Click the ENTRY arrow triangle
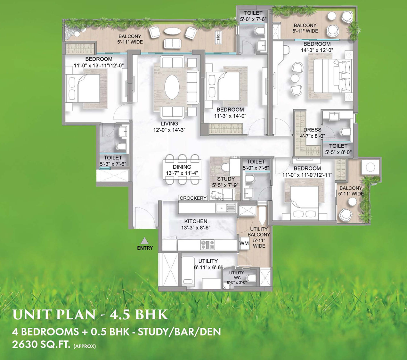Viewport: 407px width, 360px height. (x=144, y=240)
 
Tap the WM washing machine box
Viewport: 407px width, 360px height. (x=244, y=243)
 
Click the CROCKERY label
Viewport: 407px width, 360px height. (x=193, y=198)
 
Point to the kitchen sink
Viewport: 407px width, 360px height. (x=225, y=208)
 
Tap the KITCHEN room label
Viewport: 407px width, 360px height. (x=196, y=221)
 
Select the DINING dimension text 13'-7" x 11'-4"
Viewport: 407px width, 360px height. (x=182, y=173)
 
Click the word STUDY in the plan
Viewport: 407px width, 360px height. (x=226, y=179)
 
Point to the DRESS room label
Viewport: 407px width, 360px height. (x=313, y=130)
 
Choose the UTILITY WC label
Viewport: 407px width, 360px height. (x=236, y=275)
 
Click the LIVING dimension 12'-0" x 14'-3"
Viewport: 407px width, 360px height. (x=169, y=130)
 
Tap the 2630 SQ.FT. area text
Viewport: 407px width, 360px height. (x=41, y=345)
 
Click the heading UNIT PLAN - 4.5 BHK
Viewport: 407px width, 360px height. (x=90, y=315)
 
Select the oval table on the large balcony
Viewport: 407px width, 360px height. (x=172, y=31)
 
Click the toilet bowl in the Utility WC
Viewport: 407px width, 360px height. (x=252, y=278)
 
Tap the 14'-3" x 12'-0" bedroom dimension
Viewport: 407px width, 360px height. (x=317, y=50)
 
